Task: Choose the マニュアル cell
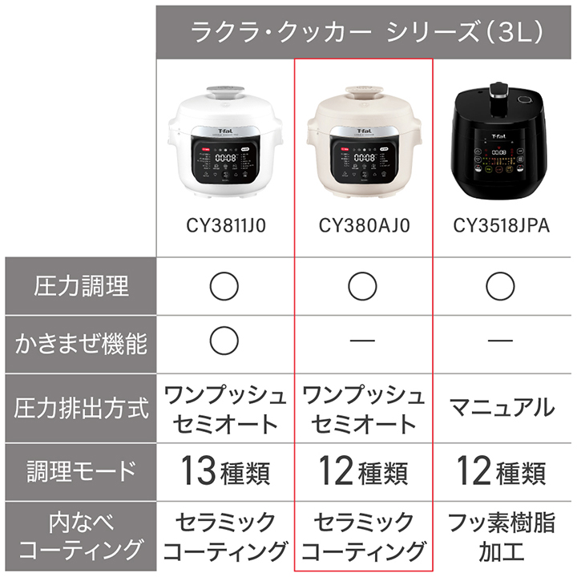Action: [x=502, y=408]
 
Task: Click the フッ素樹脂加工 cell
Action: [x=502, y=535]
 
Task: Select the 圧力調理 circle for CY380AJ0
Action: [x=363, y=284]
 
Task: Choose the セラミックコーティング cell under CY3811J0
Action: [x=225, y=535]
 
